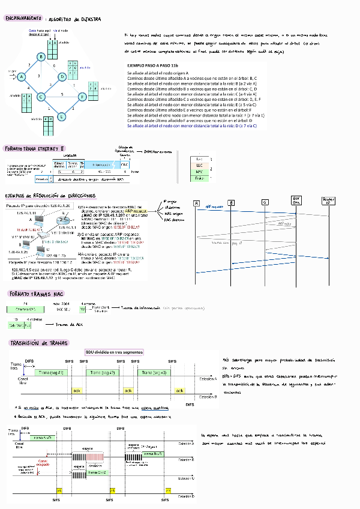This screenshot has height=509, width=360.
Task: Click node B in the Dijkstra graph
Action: click(41, 57)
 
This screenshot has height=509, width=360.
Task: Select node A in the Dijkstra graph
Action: click(21, 77)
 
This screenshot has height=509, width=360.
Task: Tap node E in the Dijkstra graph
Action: click(61, 116)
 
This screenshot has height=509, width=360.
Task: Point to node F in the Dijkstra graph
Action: click(82, 97)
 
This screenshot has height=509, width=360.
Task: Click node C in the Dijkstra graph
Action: click(41, 97)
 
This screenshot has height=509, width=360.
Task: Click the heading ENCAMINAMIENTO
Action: click(23, 19)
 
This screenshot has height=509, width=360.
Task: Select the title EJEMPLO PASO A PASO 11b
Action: click(153, 65)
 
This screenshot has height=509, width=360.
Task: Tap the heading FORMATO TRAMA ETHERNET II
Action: click(34, 148)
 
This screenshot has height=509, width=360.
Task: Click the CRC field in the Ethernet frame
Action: click(124, 164)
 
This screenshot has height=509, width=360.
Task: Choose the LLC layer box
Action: click(200, 165)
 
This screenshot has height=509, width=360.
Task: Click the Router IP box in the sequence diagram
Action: click(328, 200)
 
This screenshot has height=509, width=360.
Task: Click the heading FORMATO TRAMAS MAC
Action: click(36, 295)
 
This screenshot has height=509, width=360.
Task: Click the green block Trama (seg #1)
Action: click(52, 373)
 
